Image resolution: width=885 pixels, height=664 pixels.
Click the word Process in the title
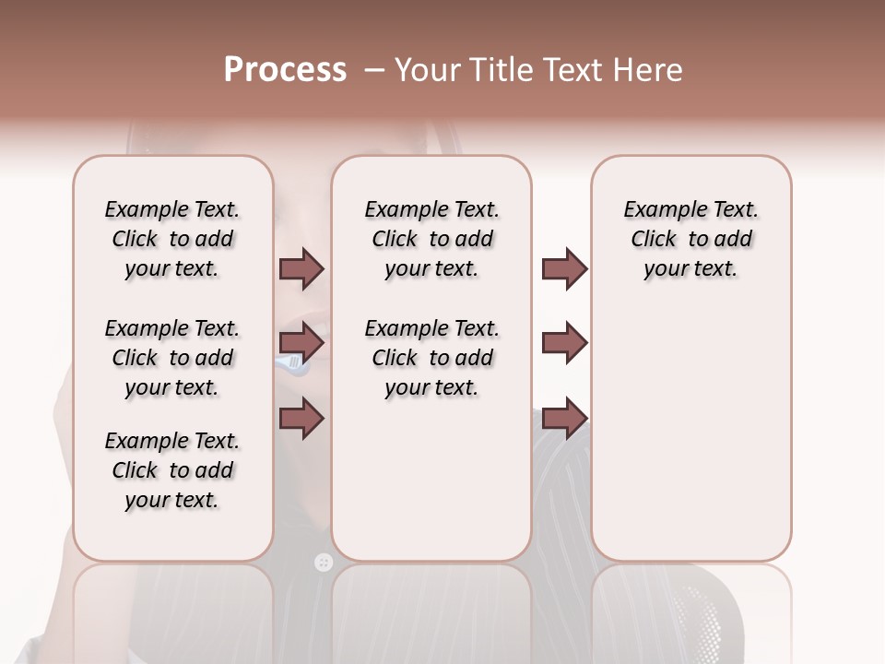[x=285, y=70]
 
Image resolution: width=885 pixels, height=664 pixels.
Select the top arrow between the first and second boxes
[x=301, y=268]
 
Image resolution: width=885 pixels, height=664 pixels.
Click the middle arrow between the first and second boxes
[x=301, y=343]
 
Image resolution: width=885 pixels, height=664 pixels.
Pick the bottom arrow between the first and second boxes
[x=301, y=419]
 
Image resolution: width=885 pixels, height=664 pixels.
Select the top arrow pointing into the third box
[x=564, y=268]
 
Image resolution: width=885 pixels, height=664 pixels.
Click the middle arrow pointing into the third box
[x=564, y=343]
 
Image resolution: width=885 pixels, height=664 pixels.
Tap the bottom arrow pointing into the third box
[x=564, y=419]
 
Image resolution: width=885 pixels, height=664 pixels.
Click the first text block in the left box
[x=172, y=239]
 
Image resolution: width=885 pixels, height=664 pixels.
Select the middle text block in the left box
[x=172, y=358]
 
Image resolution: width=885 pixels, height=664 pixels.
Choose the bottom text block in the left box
[x=172, y=470]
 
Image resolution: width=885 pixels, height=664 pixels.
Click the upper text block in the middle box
[x=432, y=239]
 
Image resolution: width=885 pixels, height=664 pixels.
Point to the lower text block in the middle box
[x=432, y=358]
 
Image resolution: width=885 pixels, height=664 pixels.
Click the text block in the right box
[x=691, y=239]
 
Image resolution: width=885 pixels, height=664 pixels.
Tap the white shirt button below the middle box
[x=323, y=562]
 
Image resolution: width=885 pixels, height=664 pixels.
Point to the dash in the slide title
[x=374, y=70]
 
